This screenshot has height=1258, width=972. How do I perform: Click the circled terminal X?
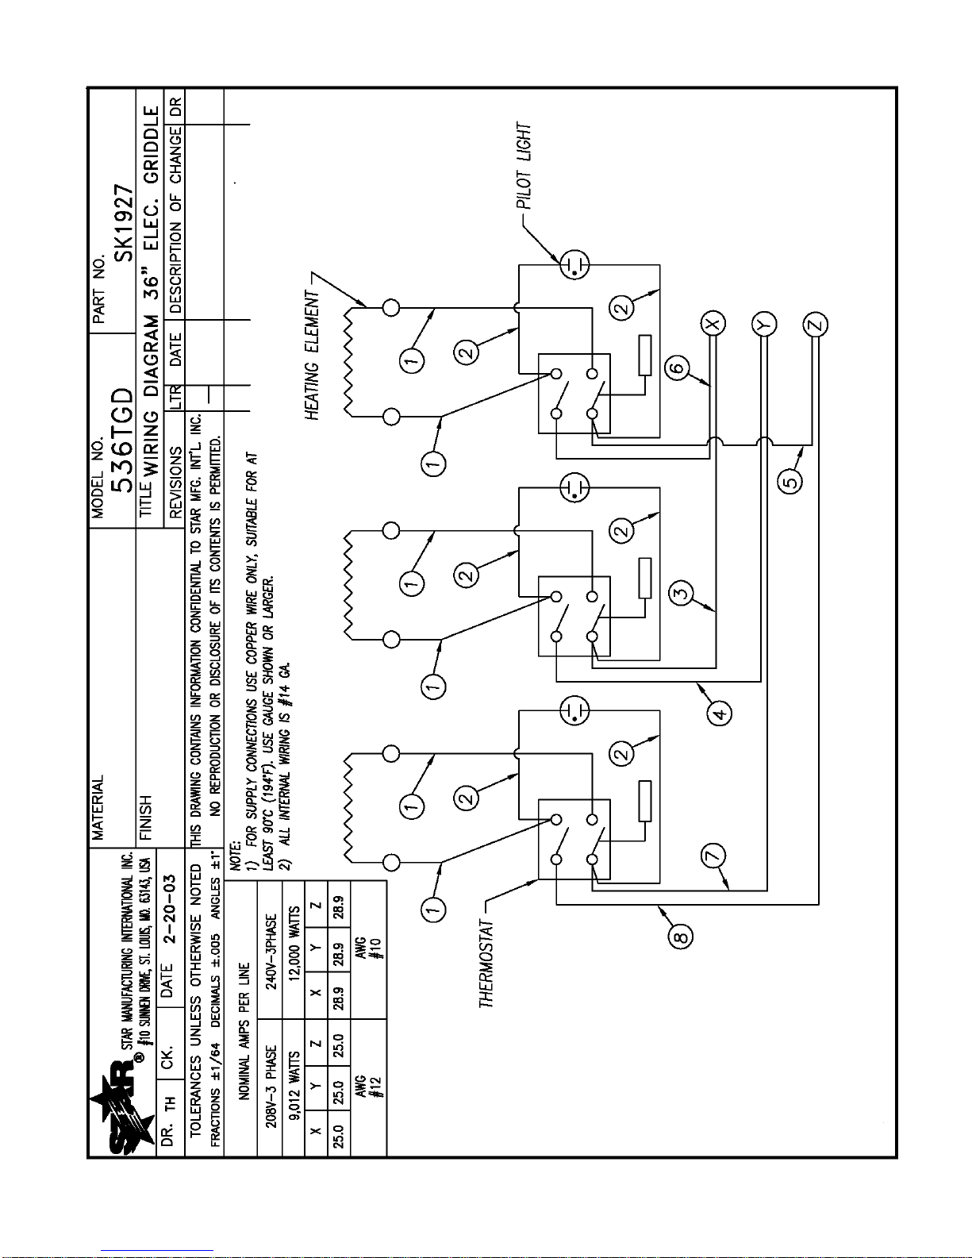712,323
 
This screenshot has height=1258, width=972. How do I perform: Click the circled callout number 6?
676,367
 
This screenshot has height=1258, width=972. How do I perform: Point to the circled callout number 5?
790,481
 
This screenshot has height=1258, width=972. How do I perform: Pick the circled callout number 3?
680,591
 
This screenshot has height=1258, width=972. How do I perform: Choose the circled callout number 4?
720,713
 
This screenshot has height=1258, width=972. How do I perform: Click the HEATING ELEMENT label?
313,355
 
